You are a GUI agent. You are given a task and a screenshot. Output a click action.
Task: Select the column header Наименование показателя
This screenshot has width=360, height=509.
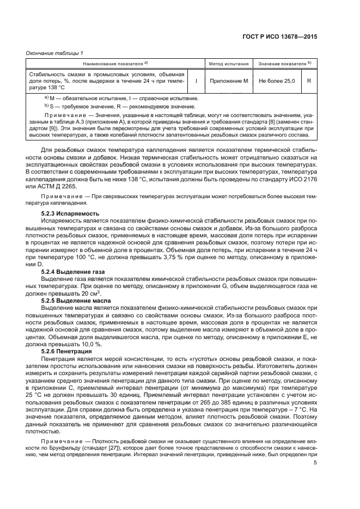[x=115, y=64]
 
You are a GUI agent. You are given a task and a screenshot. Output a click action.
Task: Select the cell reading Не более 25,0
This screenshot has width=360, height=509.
[x=277, y=81]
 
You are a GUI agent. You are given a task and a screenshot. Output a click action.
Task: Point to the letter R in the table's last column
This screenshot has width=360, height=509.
[x=309, y=81]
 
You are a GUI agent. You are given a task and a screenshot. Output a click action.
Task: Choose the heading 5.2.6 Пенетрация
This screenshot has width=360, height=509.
[x=70, y=351]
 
